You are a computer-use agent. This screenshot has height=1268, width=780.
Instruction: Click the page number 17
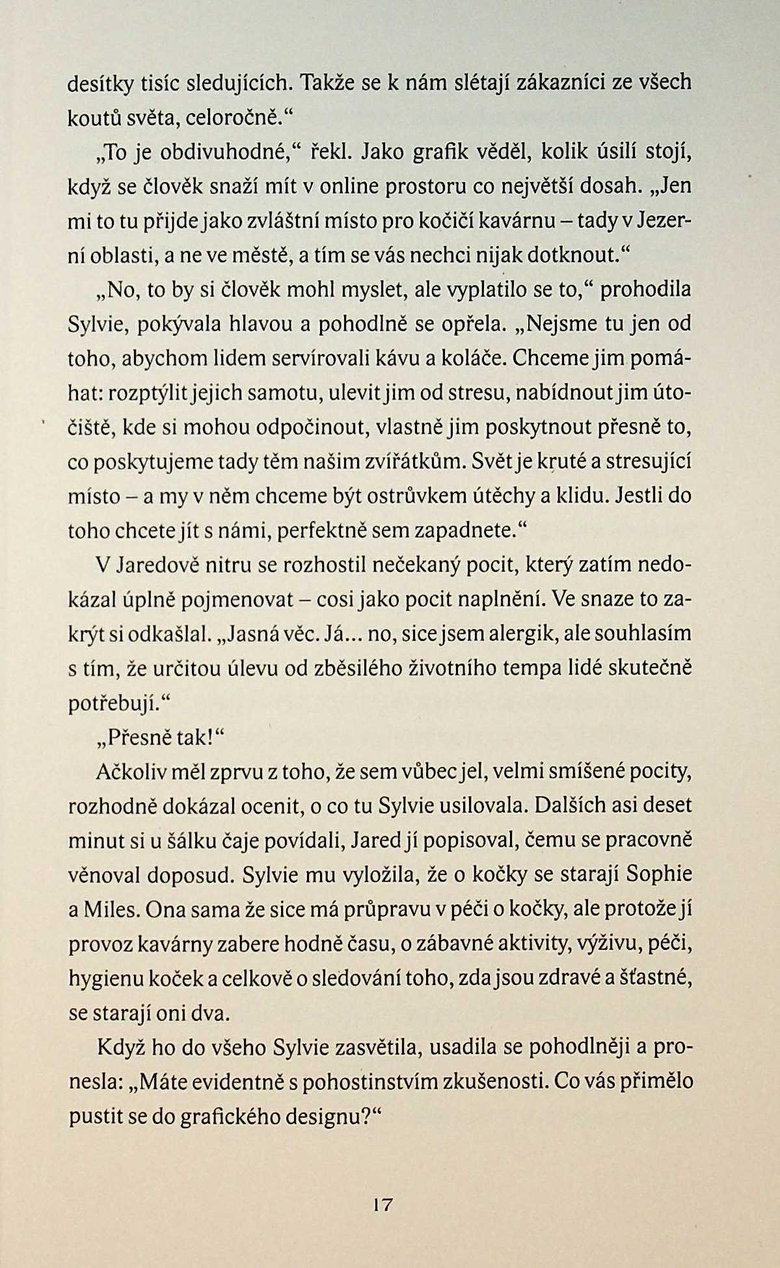383,1204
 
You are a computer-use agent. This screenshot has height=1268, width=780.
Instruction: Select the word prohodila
645,290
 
